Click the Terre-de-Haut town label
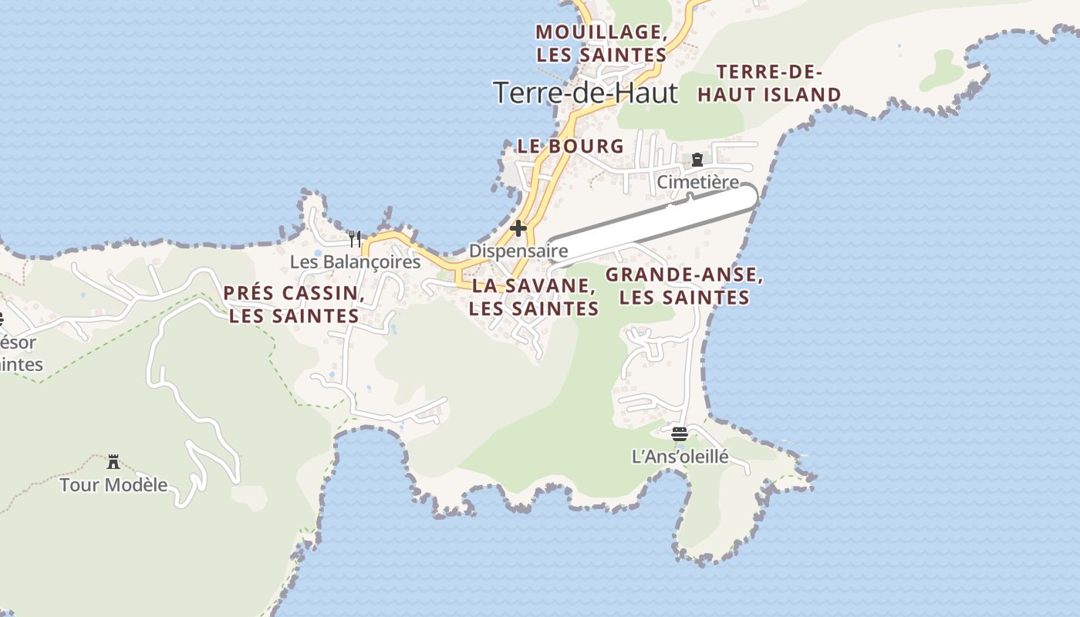click(x=586, y=93)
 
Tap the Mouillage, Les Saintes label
click(x=602, y=43)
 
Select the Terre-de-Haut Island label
click(x=769, y=83)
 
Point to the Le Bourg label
click(x=570, y=146)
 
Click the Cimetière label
click(x=697, y=183)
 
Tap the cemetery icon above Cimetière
click(x=697, y=160)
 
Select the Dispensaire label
click(x=518, y=251)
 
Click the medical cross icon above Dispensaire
click(x=518, y=228)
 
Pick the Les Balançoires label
click(x=355, y=262)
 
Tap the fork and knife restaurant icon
click(x=355, y=239)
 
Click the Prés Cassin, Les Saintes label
click(x=294, y=304)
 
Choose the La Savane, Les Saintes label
click(x=534, y=297)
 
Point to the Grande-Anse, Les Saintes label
click(x=684, y=286)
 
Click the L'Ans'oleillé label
click(x=680, y=457)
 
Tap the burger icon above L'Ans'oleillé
click(x=680, y=434)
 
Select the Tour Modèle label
click(x=113, y=485)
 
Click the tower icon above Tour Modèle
click(x=113, y=462)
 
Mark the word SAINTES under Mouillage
click(x=623, y=56)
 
